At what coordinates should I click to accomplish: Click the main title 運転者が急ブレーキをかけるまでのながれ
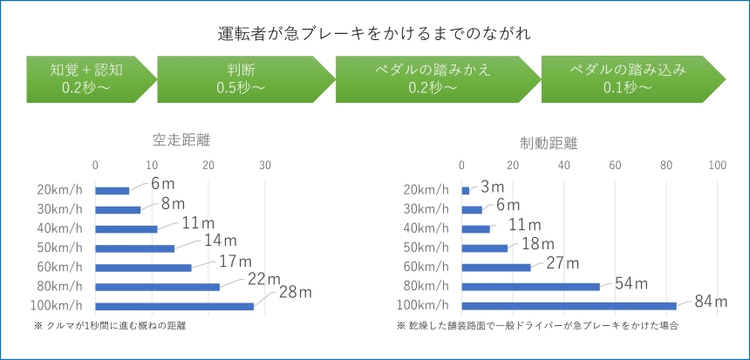pyautogui.click(x=375, y=34)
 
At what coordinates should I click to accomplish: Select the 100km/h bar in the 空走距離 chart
pyautogui.click(x=174, y=306)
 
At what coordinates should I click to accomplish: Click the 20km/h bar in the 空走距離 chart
pyautogui.click(x=112, y=190)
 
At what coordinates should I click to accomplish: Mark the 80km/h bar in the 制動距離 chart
pyautogui.click(x=530, y=286)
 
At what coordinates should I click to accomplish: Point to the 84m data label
pyautogui.click(x=711, y=302)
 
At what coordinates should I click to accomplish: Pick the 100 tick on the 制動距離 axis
pyautogui.click(x=717, y=165)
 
